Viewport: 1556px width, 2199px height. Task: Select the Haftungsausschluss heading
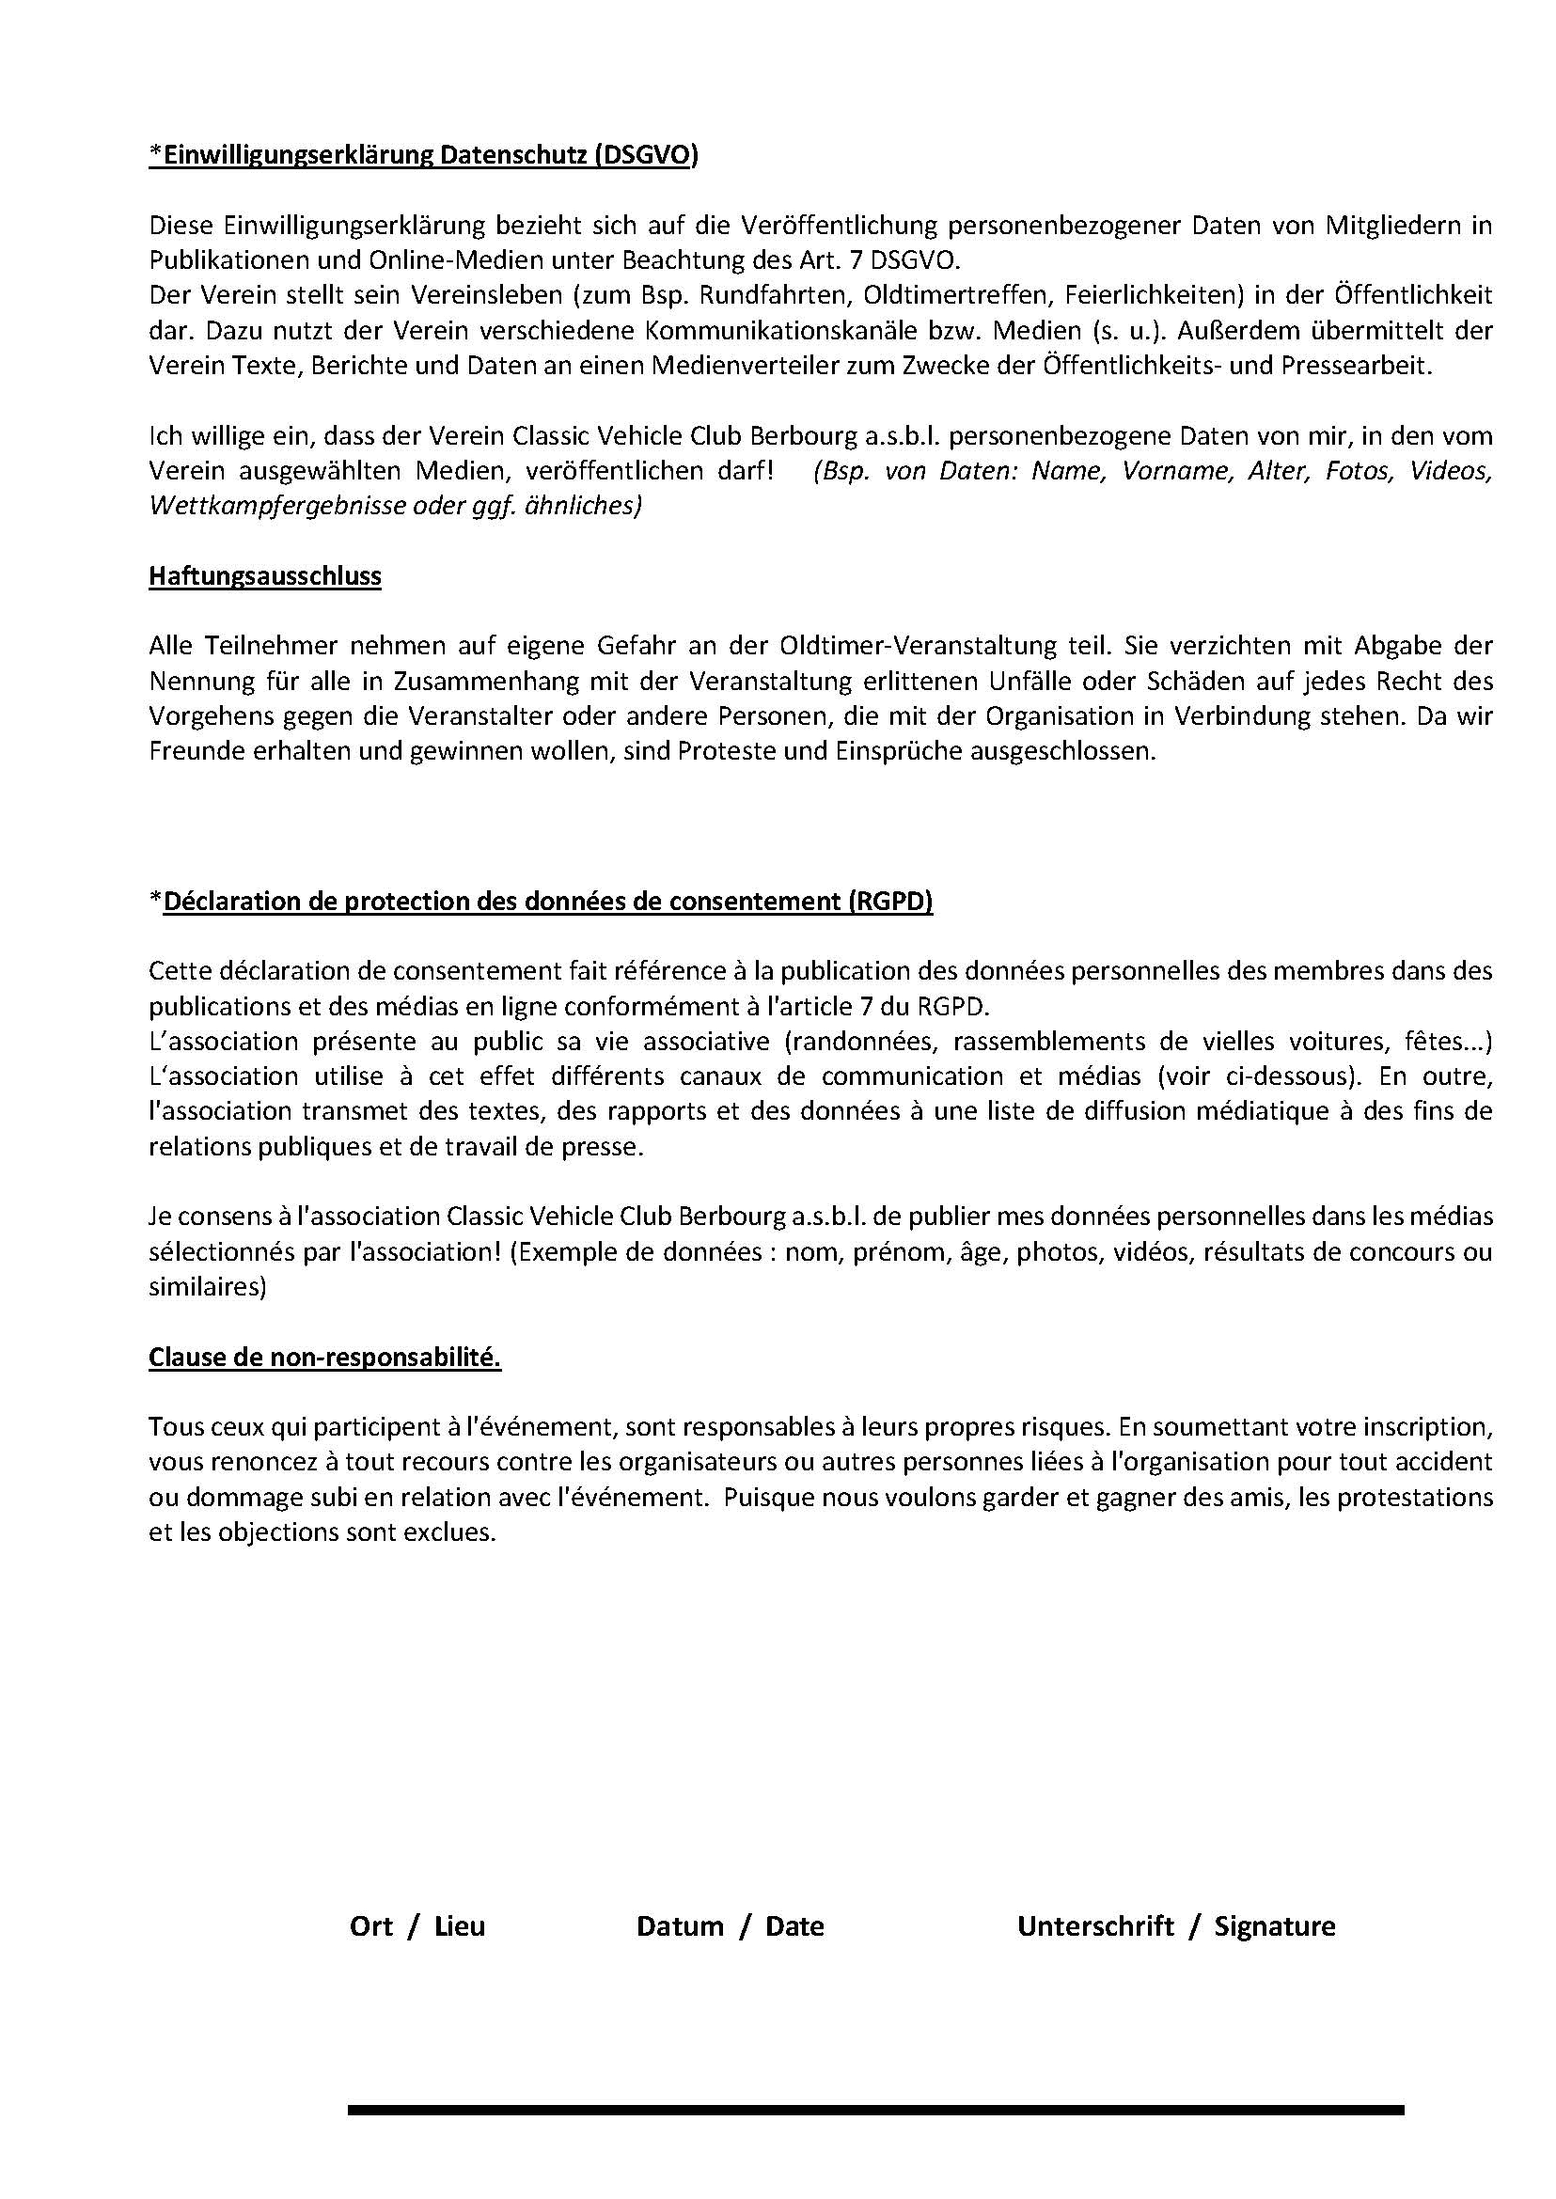(x=264, y=577)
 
